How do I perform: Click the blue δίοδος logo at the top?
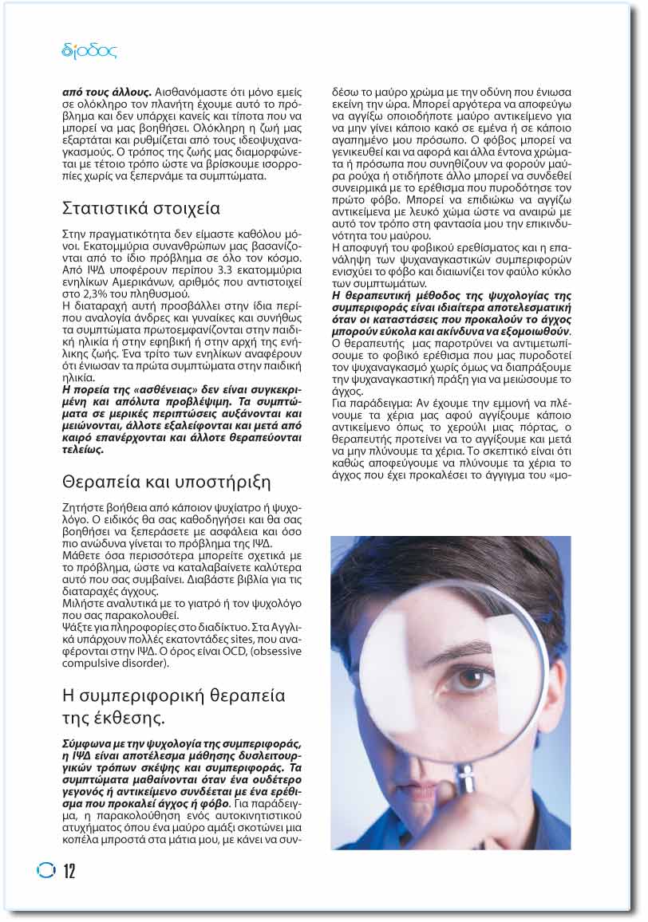click(x=89, y=52)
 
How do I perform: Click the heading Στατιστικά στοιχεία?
click(x=140, y=209)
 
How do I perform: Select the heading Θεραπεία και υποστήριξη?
click(x=166, y=483)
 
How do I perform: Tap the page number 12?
click(x=69, y=871)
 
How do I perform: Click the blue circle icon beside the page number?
click(x=46, y=870)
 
